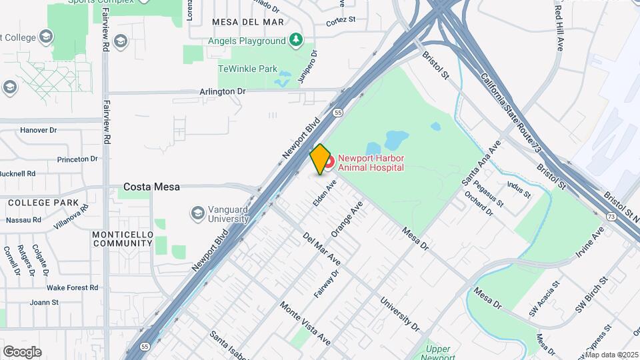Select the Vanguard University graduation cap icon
[197, 213]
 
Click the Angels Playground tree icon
[295, 41]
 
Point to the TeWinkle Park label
[247, 69]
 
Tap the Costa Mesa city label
[151, 187]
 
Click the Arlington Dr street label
[223, 91]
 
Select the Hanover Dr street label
[39, 130]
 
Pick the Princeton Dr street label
[77, 159]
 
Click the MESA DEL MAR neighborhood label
[247, 22]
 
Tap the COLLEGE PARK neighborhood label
[43, 202]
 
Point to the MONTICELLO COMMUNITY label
[123, 239]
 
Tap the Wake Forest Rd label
[73, 287]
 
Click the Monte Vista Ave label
[305, 323]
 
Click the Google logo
[22, 352]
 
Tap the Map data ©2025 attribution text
[611, 355]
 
